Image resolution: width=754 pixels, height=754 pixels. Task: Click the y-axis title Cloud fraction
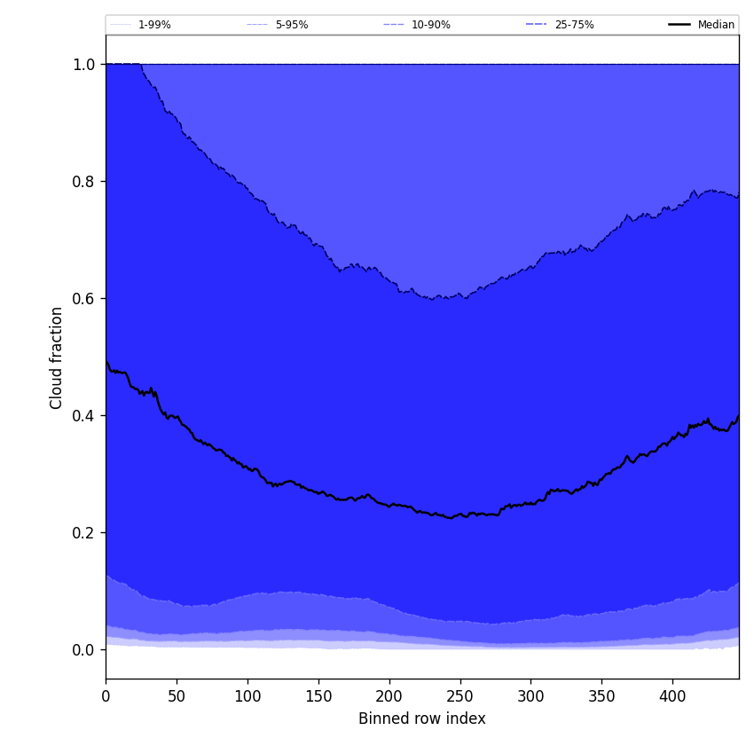pyautogui.click(x=57, y=357)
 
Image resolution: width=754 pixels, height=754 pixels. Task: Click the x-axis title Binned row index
pyautogui.click(x=422, y=719)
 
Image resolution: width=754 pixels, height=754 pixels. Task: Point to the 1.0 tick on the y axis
pyautogui.click(x=84, y=64)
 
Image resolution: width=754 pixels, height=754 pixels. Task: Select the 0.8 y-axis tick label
pyautogui.click(x=84, y=181)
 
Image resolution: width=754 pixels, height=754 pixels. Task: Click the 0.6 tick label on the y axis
pyautogui.click(x=84, y=298)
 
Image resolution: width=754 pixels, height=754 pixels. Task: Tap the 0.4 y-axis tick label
pyautogui.click(x=84, y=415)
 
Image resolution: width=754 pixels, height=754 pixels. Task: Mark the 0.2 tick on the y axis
pyautogui.click(x=84, y=532)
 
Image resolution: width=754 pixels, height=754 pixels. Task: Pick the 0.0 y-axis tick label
pyautogui.click(x=84, y=649)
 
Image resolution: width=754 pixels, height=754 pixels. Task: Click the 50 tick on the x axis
pyautogui.click(x=177, y=696)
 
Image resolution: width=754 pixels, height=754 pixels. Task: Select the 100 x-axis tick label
pyautogui.click(x=247, y=696)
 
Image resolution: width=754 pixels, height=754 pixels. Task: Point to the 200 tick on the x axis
pyautogui.click(x=389, y=696)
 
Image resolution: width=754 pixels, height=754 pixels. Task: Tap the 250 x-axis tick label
pyautogui.click(x=460, y=696)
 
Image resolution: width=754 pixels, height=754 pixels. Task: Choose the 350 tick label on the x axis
pyautogui.click(x=601, y=696)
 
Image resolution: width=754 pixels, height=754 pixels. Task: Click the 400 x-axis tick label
pyautogui.click(x=672, y=696)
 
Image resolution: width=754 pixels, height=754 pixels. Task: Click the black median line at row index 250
pyautogui.click(x=460, y=515)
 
